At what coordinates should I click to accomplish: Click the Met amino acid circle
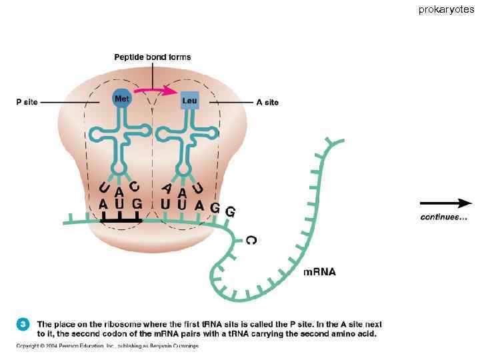coord(121,99)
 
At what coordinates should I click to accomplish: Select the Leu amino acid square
coord(189,101)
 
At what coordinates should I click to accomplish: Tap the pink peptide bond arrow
coord(154,88)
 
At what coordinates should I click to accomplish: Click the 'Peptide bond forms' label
coord(153,57)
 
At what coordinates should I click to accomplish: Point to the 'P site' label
coord(27,102)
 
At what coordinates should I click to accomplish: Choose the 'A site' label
coord(267,102)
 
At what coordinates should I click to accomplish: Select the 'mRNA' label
coord(319,271)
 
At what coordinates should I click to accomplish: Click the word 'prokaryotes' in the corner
coord(447,9)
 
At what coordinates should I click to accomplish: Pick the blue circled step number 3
coord(23,324)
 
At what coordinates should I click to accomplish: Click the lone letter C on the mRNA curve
coord(250,239)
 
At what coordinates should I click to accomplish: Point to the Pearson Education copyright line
coord(107,345)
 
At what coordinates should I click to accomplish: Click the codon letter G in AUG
coord(137,203)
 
